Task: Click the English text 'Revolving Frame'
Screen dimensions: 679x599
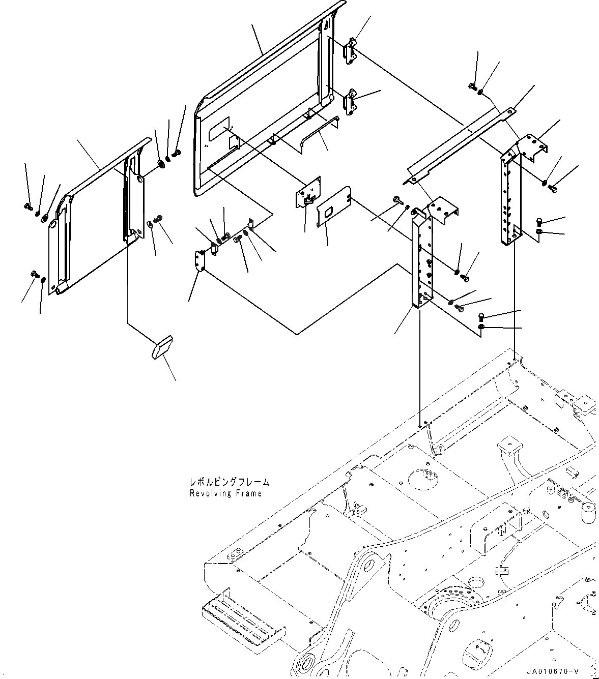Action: coord(225,493)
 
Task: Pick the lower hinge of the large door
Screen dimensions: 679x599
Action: coord(351,101)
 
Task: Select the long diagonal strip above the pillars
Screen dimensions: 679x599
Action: coord(458,143)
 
